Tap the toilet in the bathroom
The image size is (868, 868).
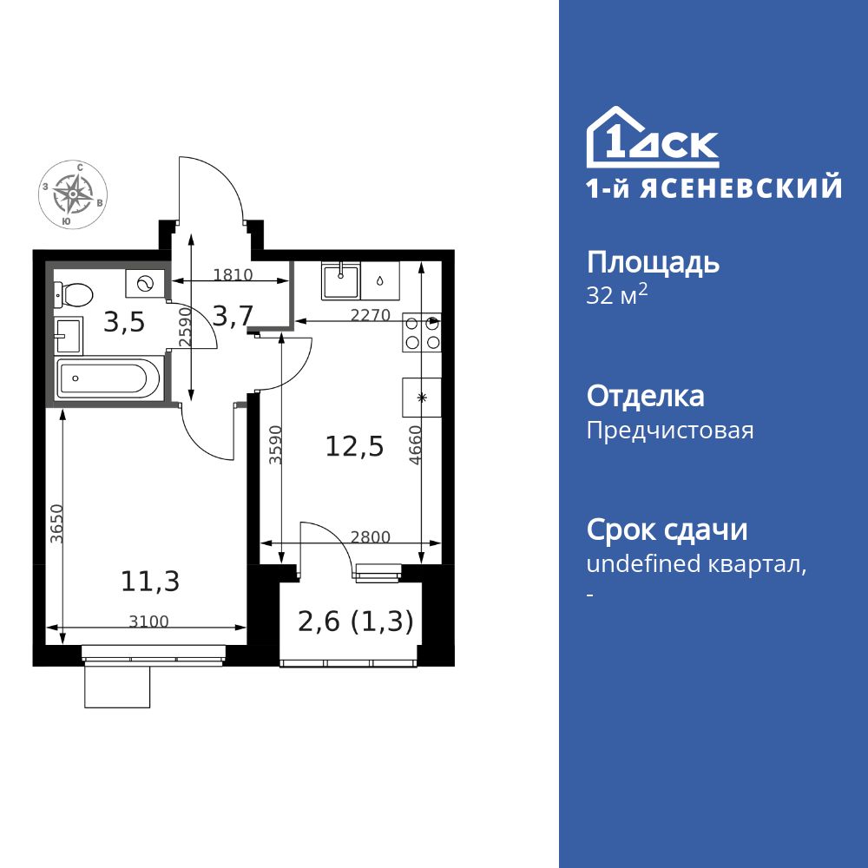point(75,295)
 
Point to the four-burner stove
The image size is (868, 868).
point(422,332)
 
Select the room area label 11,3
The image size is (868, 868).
point(150,581)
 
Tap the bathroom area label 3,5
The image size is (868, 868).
point(124,322)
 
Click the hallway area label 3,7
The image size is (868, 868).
point(233,317)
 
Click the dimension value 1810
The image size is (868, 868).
point(232,275)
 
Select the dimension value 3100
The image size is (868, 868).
point(148,621)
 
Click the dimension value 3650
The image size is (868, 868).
point(56,523)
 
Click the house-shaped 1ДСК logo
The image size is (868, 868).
point(653,139)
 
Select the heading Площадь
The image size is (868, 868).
point(653,262)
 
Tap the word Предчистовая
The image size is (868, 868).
point(670,431)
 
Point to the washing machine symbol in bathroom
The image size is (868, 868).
point(144,282)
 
